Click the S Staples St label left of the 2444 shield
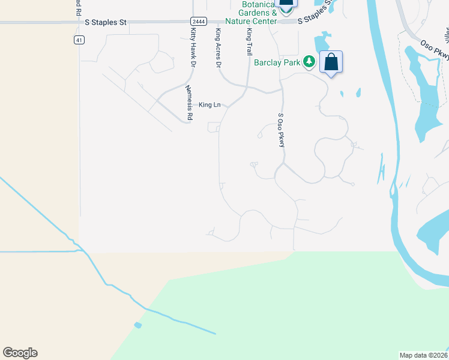coord(106,22)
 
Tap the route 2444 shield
coord(199,21)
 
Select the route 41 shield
coord(79,40)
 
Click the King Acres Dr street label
coord(218,47)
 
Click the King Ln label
coord(209,104)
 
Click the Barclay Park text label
coord(277,62)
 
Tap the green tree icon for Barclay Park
coord(309,61)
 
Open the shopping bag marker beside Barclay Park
coord(331,62)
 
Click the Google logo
coord(20,353)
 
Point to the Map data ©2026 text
coord(423,355)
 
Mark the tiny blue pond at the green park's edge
coord(139,325)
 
